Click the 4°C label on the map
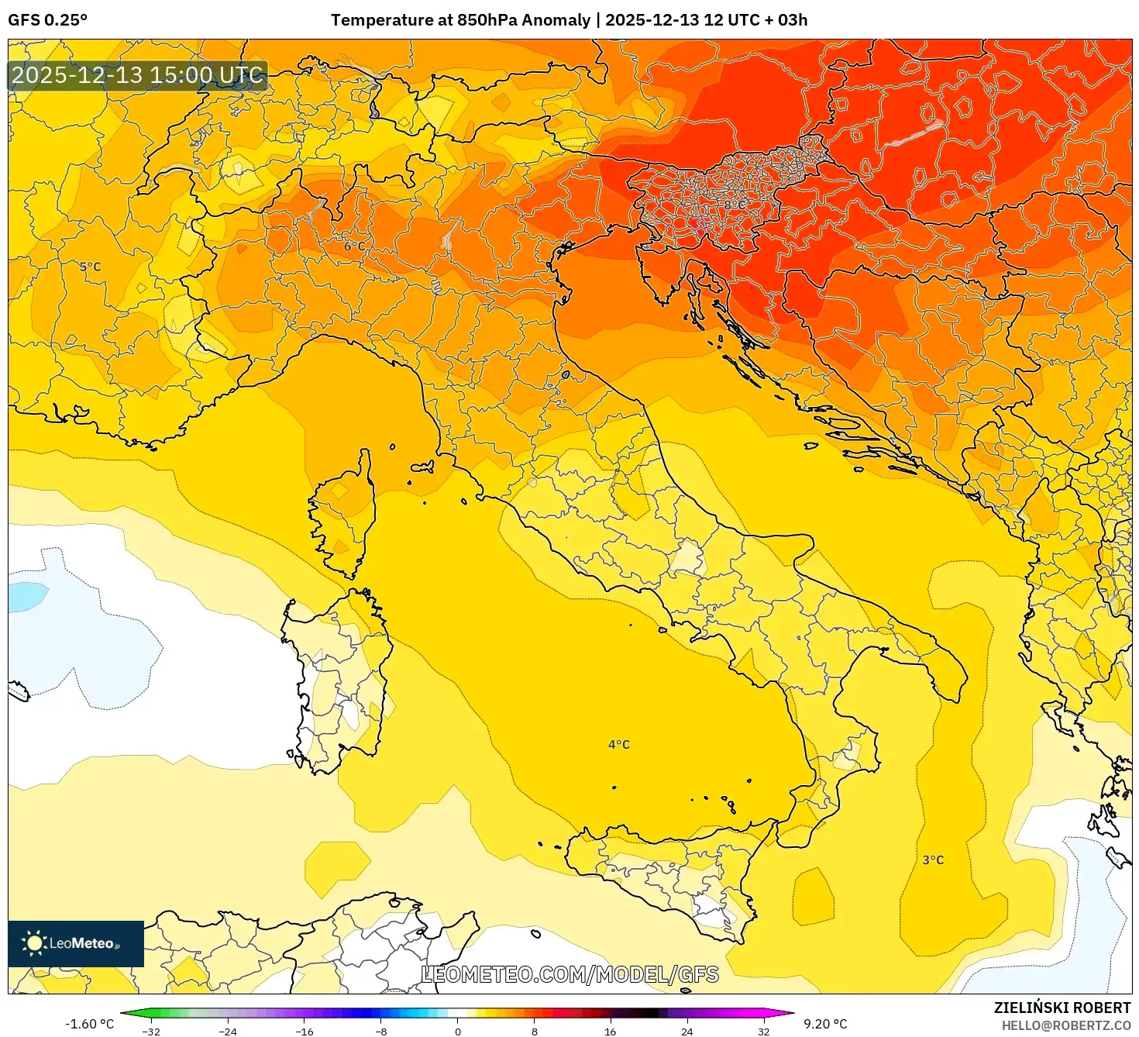(x=619, y=745)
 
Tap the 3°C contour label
(x=933, y=860)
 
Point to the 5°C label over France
(x=91, y=267)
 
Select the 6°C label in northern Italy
(x=354, y=246)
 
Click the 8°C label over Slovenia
(x=735, y=205)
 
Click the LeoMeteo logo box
(x=76, y=943)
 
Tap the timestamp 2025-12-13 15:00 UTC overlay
(x=138, y=75)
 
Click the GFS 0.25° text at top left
(x=47, y=20)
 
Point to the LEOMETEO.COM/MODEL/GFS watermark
(x=569, y=974)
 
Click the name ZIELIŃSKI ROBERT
(x=1062, y=1008)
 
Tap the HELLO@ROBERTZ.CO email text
(x=1066, y=1025)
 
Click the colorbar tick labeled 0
(x=458, y=1031)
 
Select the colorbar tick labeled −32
(x=151, y=1031)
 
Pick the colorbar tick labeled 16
(x=611, y=1031)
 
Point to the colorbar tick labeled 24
(x=687, y=1031)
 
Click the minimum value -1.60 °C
(x=89, y=1024)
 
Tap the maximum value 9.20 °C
(x=825, y=1024)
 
